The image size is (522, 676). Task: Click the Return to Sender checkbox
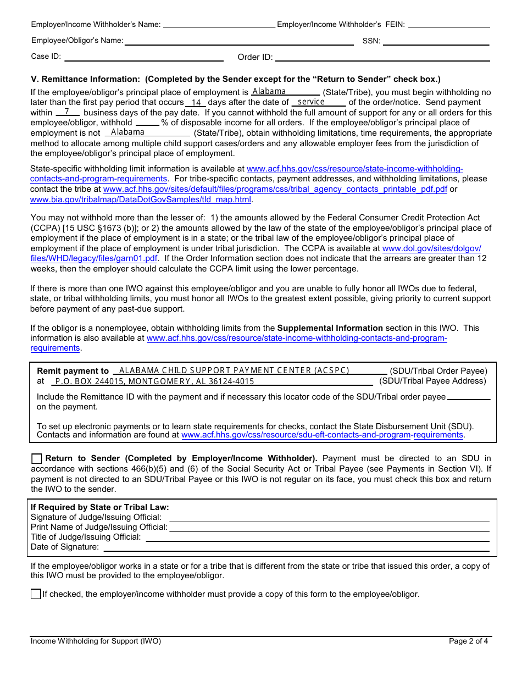coord(36,459)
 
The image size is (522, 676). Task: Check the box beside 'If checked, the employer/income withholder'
coord(36,594)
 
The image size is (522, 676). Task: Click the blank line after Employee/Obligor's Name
coord(239,41)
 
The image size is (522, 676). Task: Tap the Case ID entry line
coord(144,57)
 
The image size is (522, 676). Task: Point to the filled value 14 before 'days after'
coord(196,103)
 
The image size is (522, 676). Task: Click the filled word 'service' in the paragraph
coord(311,102)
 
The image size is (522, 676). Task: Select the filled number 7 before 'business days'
coord(67,112)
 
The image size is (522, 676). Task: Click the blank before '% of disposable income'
coord(147,123)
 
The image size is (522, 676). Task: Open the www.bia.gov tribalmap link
coord(141,200)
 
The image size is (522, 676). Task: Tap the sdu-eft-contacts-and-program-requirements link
coord(323,435)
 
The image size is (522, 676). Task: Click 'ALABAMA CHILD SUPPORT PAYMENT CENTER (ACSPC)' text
coord(234,370)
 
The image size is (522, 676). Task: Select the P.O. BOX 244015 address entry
coord(155,381)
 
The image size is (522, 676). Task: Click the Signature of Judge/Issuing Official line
coord(329,518)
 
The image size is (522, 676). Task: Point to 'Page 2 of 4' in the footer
coord(468,641)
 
